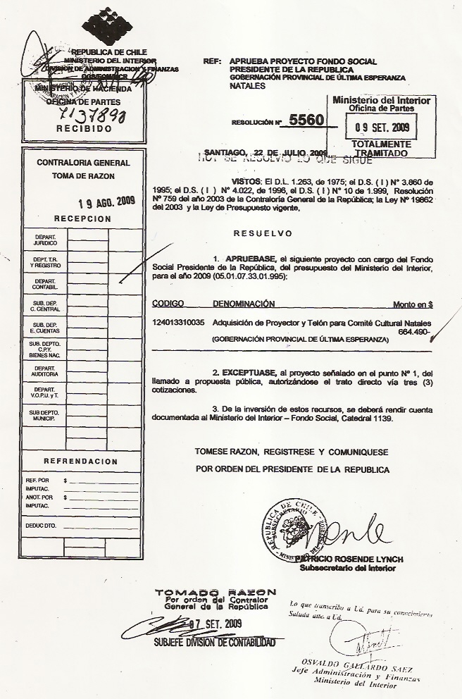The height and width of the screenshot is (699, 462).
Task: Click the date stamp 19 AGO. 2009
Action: click(x=106, y=203)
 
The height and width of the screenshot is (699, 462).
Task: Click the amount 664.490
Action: click(x=413, y=331)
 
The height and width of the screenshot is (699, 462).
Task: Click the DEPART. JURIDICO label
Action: click(x=45, y=240)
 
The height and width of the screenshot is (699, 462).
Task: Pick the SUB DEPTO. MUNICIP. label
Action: click(x=45, y=416)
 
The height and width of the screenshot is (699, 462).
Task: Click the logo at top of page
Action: click(x=107, y=26)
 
